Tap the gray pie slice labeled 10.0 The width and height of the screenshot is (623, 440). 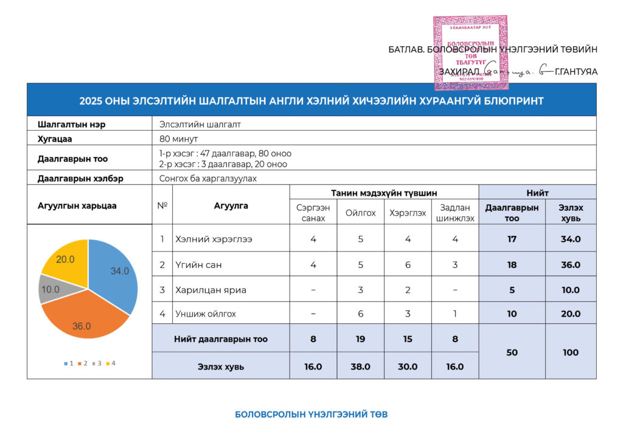[50, 289]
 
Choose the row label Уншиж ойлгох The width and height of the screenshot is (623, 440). [205, 314]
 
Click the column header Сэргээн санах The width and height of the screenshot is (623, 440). [313, 213]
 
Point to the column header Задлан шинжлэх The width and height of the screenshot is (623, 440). [456, 213]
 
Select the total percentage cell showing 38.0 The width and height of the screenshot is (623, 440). [360, 366]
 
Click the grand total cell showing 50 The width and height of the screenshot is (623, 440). [512, 352]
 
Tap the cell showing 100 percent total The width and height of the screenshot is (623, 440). [570, 352]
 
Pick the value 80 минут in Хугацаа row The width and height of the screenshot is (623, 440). [178, 138]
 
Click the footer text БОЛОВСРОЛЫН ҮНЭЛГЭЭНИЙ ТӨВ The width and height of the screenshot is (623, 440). [311, 414]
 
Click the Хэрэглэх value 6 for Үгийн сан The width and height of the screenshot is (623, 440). [408, 264]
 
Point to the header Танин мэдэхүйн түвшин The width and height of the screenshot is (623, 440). [384, 192]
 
